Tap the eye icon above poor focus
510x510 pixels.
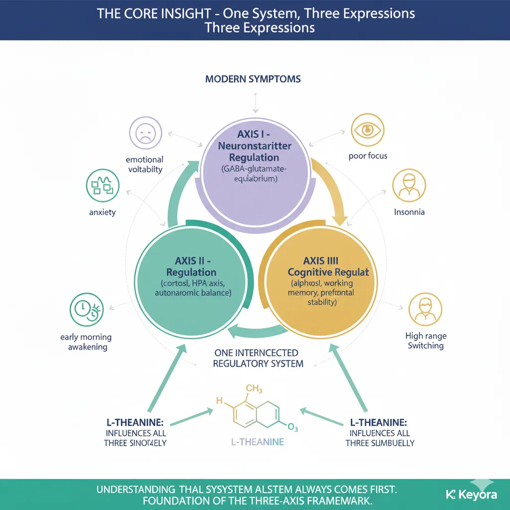click(368, 130)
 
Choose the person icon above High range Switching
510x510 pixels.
click(424, 309)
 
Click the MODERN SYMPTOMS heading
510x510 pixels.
click(253, 79)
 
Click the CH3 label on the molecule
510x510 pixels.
click(254, 388)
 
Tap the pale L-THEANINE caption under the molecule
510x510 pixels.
click(257, 441)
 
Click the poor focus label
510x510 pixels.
click(368, 156)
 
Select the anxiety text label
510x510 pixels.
click(102, 212)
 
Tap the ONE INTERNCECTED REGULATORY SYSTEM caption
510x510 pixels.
click(257, 358)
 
